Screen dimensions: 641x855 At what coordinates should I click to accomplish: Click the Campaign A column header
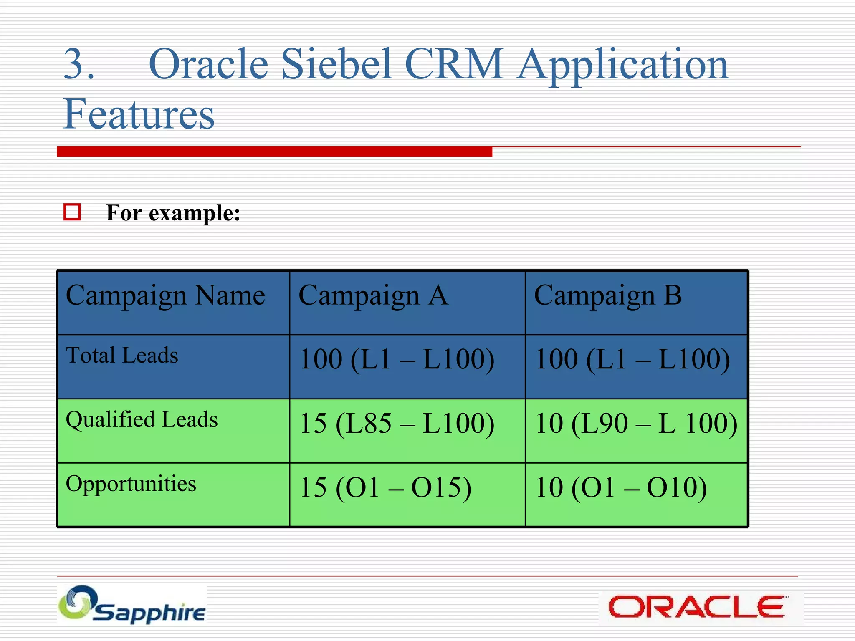pos(374,295)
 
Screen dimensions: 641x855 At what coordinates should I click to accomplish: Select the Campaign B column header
pos(608,295)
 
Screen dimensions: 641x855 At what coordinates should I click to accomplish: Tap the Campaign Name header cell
pos(165,295)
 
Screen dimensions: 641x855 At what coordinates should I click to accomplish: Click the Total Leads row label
pos(122,356)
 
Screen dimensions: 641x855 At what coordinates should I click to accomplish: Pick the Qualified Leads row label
pos(142,419)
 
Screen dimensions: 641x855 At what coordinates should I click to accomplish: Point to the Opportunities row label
pos(131,484)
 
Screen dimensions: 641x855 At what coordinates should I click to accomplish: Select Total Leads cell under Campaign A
pos(397,360)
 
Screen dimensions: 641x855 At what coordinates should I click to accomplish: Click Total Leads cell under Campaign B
pos(632,360)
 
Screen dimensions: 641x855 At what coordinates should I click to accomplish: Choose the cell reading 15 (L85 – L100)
pos(397,424)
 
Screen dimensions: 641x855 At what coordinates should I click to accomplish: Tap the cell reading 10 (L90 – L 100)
pos(636,424)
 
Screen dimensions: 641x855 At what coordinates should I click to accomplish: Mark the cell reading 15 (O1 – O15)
pos(386,487)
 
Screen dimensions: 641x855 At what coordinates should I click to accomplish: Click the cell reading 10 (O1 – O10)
pos(621,487)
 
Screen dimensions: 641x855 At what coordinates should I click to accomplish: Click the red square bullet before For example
pos(72,212)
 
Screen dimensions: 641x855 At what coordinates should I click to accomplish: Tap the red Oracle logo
pos(696,607)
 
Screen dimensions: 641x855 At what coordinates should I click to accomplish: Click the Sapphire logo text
pos(149,613)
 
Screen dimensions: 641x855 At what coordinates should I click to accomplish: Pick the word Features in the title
pos(139,114)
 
